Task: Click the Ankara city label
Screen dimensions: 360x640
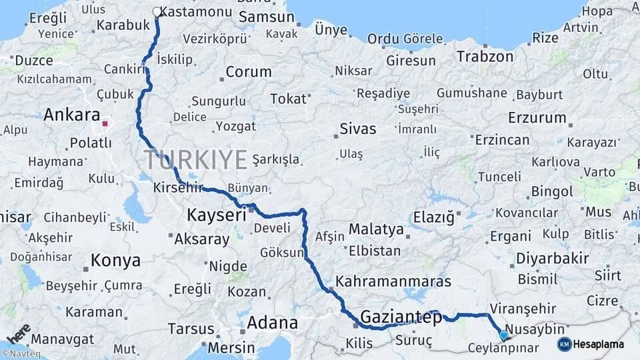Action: point(72,115)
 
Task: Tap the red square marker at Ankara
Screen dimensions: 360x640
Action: point(105,123)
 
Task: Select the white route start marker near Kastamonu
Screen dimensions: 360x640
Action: point(157,11)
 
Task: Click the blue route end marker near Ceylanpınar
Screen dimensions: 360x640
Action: point(503,335)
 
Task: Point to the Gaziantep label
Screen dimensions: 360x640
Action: point(401,317)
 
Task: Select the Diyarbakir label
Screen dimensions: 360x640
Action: point(553,258)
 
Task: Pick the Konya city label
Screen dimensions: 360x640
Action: point(115,260)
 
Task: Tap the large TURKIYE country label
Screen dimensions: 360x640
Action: point(196,160)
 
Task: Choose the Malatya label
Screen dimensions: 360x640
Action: point(376,229)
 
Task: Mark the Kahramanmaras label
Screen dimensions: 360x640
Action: point(393,281)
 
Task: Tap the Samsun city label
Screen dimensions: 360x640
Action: point(265,17)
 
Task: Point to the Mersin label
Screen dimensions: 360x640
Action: point(231,347)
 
